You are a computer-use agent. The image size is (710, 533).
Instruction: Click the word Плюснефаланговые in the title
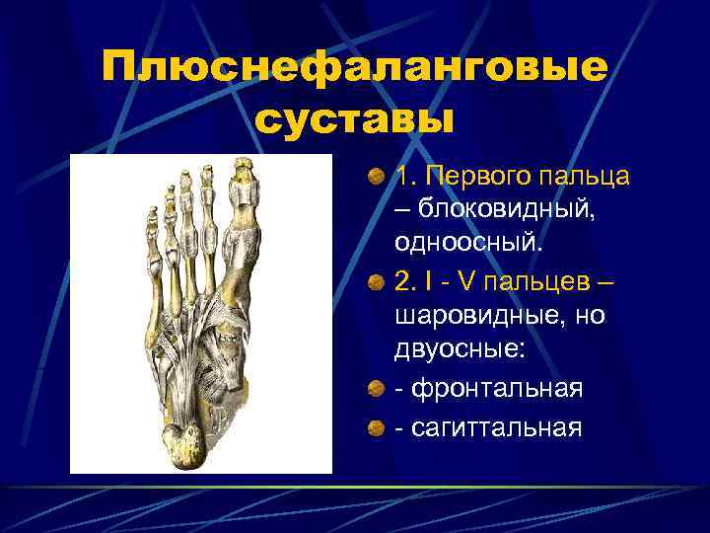pos(355,69)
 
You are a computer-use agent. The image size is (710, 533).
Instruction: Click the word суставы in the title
pos(355,121)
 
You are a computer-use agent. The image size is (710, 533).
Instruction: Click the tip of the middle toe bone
pos(185,178)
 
